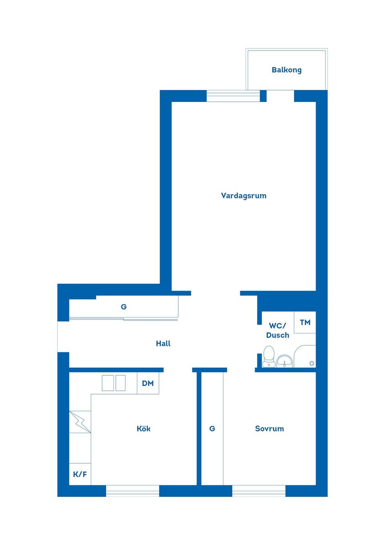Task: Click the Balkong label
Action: (286, 70)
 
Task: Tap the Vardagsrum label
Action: (243, 196)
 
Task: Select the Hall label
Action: (163, 344)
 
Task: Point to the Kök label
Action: (144, 429)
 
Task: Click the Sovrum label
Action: (269, 429)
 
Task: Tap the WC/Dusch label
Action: (278, 330)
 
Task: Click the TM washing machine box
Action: (305, 322)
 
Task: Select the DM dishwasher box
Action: (148, 383)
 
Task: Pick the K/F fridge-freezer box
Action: (80, 474)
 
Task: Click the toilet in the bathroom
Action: (269, 356)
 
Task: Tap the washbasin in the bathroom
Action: (285, 361)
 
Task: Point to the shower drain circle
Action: (312, 364)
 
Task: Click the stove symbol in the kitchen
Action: (80, 421)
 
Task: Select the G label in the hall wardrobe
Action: (124, 307)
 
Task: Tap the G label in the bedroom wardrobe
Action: (212, 429)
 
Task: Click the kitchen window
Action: (132, 491)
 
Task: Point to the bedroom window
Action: (259, 491)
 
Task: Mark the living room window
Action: (233, 96)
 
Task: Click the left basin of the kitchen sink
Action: (108, 383)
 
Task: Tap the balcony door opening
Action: (280, 96)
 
